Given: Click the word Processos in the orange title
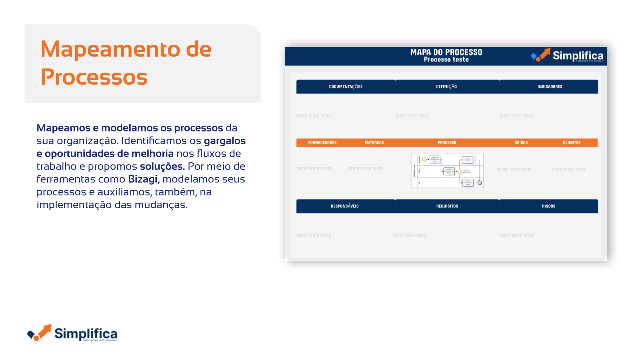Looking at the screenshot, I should pos(94,77).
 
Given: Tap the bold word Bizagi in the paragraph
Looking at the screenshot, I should pos(144,179).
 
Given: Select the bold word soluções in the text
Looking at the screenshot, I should pos(162,166).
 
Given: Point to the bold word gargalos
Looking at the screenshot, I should pos(225,141).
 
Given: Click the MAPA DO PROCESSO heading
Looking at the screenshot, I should pos(446,52).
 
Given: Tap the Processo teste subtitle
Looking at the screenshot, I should pos(446,60).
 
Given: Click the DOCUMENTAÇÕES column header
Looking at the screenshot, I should pos(346,87).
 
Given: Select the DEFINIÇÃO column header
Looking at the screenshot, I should pos(446,87).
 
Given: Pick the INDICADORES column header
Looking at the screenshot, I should pos(550,87).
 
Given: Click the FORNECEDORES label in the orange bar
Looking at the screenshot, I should pos(322,143).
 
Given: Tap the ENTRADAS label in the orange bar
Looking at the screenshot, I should pos(374,143).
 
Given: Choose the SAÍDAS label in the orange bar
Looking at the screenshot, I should pos(521,143).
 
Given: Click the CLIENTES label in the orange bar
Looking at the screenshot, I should pos(572,143).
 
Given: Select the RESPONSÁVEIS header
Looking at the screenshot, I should pos(345,206).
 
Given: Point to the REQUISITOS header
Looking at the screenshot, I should pos(447,206).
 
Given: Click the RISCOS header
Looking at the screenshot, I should pos(549,206).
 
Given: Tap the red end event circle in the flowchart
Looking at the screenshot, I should pos(480,183).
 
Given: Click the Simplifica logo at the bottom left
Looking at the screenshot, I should pos(72,333).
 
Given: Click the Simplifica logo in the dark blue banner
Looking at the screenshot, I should pos(567,56).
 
